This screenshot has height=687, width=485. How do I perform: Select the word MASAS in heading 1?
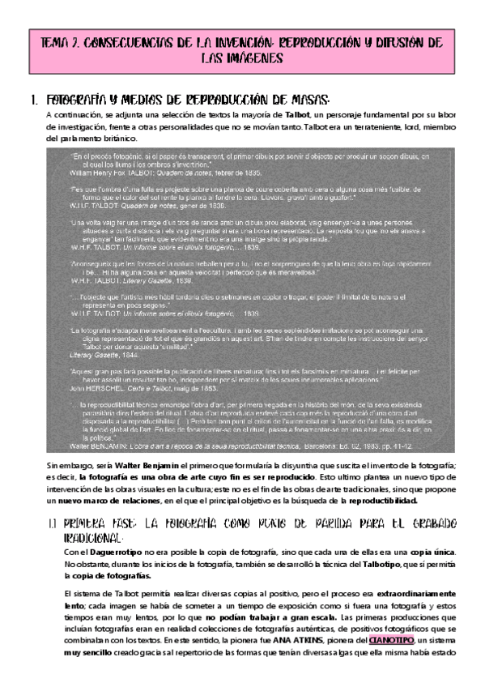[x=307, y=100]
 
